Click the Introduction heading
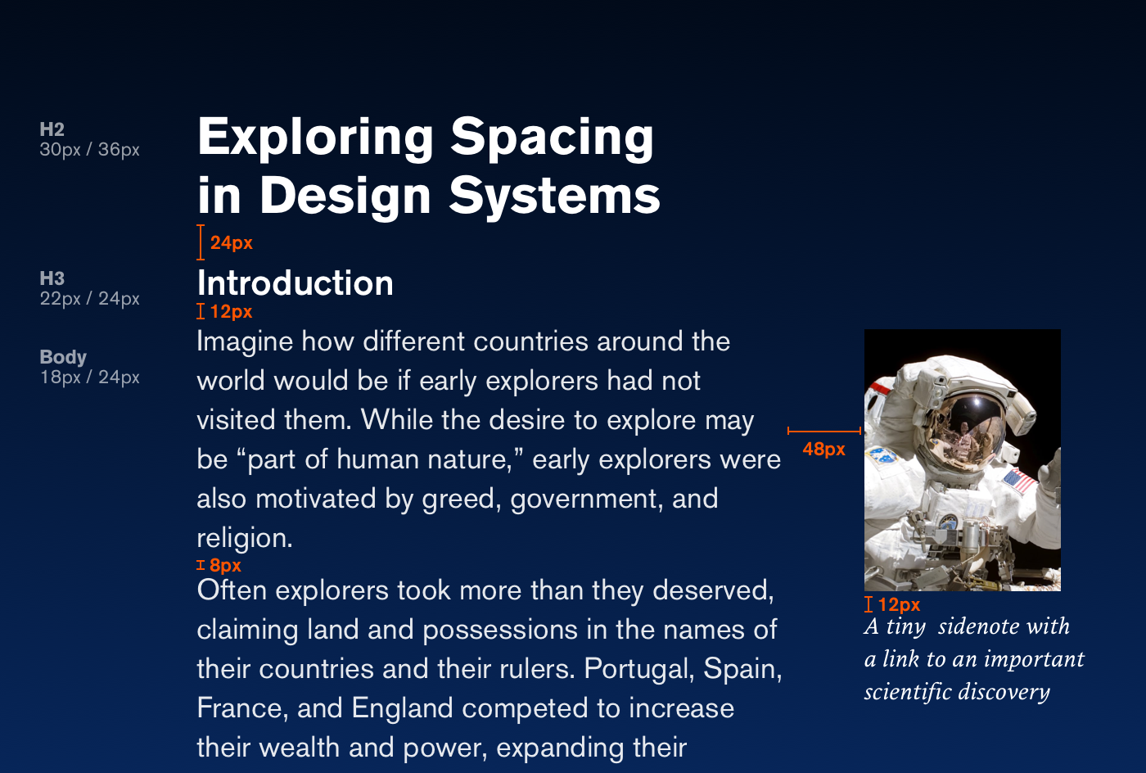(x=296, y=283)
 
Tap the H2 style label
(x=52, y=129)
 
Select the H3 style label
(x=52, y=278)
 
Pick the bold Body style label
(x=63, y=357)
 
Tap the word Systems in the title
(x=555, y=197)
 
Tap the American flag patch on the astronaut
(x=1018, y=481)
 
